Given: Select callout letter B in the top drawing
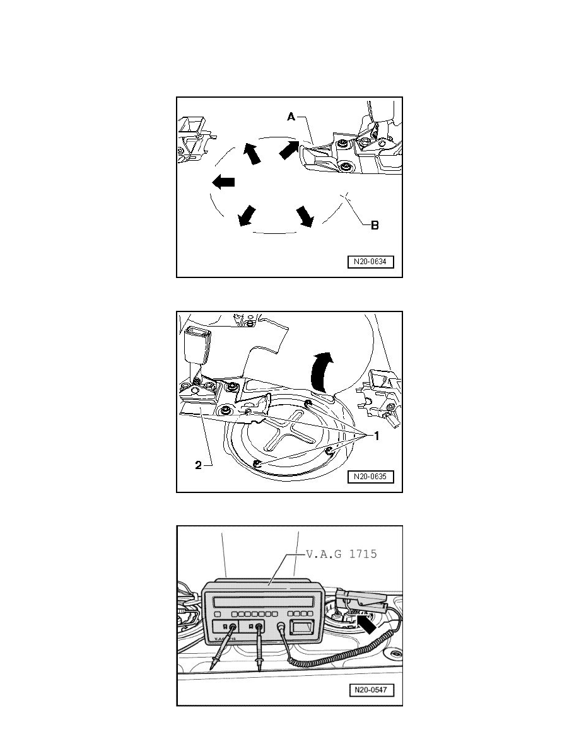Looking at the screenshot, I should (374, 225).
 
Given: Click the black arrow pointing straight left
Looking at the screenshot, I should (223, 182).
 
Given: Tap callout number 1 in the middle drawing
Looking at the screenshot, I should (376, 436).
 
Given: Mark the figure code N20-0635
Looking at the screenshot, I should (370, 477).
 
